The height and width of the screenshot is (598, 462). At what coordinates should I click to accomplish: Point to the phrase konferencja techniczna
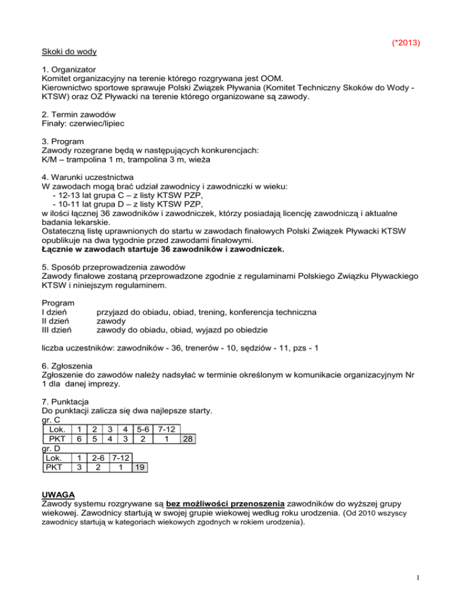[265, 313]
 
